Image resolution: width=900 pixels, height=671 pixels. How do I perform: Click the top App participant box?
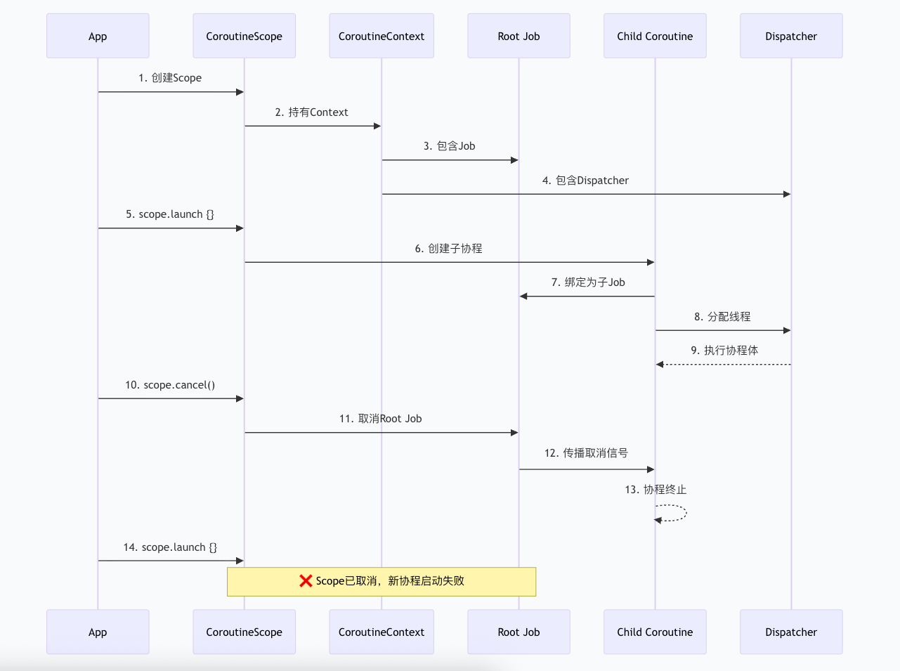point(98,36)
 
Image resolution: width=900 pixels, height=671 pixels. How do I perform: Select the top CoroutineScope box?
point(244,36)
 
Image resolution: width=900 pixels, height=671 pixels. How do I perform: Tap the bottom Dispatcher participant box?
point(791,632)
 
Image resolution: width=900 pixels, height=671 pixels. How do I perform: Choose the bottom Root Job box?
point(519,632)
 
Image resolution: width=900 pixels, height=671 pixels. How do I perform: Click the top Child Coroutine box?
point(655,36)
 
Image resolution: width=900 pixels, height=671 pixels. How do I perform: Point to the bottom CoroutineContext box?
point(381,632)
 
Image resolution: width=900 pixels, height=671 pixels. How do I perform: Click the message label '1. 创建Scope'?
point(170,78)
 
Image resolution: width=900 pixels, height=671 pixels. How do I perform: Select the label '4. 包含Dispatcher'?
point(585,181)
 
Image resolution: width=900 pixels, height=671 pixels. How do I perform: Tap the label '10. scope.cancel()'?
point(170,385)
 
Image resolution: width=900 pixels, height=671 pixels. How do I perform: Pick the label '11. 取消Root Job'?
point(380,419)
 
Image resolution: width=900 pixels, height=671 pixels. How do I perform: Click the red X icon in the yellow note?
point(306,581)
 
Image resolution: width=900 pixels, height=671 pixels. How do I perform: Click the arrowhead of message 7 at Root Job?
point(523,297)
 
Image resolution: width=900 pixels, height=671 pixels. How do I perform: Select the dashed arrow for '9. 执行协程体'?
point(724,365)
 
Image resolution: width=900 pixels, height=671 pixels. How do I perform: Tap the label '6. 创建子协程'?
point(448,249)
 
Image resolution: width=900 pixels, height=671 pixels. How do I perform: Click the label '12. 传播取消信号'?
point(586,453)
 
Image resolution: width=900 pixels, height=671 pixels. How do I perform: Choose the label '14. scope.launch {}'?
point(170,547)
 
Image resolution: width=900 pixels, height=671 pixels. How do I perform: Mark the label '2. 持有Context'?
point(311,112)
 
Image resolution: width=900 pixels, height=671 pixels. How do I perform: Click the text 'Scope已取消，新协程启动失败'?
point(390,581)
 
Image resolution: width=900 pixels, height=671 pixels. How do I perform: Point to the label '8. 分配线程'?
point(722,317)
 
